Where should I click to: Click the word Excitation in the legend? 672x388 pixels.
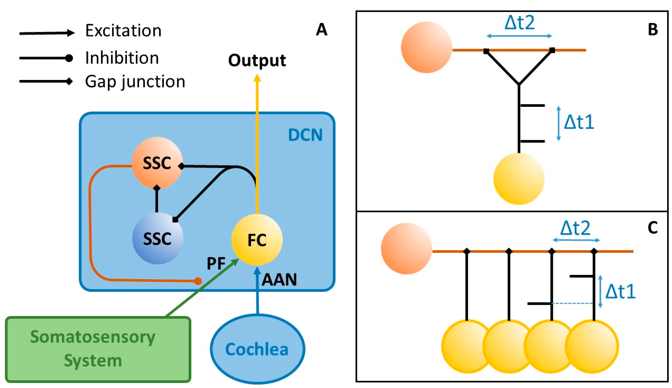[x=123, y=31]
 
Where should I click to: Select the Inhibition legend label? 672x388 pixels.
[x=122, y=58]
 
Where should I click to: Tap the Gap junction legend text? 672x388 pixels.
[x=135, y=82]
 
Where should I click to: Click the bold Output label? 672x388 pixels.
[x=257, y=60]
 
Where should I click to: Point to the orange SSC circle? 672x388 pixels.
[x=157, y=163]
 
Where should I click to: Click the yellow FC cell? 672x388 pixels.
[x=257, y=239]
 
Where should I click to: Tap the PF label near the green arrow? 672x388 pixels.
[x=216, y=264]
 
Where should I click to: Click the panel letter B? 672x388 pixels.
[x=652, y=29]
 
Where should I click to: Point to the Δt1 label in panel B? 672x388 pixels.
[x=579, y=123]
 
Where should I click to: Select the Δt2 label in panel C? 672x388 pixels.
[x=575, y=228]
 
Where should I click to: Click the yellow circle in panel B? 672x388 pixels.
[x=519, y=179]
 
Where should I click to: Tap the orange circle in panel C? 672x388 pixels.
[x=406, y=249]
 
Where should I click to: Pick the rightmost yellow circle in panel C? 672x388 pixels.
[x=592, y=346]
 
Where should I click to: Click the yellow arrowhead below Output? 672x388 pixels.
[x=257, y=78]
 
